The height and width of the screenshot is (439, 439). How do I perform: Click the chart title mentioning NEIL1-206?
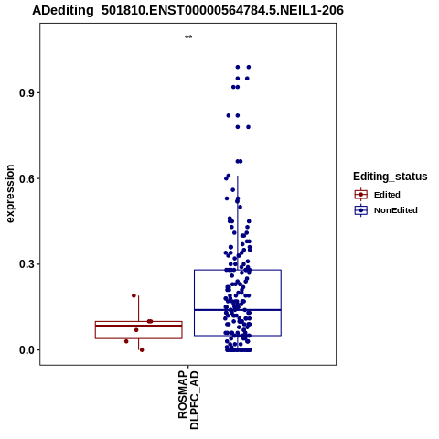pyautogui.click(x=187, y=11)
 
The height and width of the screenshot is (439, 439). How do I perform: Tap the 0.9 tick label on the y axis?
pyautogui.click(x=27, y=93)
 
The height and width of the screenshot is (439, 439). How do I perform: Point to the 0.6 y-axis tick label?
pyautogui.click(x=27, y=178)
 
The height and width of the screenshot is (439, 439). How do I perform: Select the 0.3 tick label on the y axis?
pyautogui.click(x=27, y=264)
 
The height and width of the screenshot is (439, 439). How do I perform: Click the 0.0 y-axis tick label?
pyautogui.click(x=27, y=350)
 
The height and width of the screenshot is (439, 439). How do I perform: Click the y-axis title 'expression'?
pyautogui.click(x=10, y=194)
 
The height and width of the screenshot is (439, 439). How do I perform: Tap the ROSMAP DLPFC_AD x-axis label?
pyautogui.click(x=188, y=400)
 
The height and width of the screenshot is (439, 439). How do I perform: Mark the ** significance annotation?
pyautogui.click(x=188, y=37)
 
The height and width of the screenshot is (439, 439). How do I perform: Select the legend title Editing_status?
pyautogui.click(x=391, y=177)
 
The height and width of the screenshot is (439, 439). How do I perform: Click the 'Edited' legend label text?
pyautogui.click(x=387, y=195)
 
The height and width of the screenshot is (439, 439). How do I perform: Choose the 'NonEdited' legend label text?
pyautogui.click(x=396, y=210)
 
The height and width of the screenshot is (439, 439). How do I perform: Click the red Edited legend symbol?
pyautogui.click(x=361, y=195)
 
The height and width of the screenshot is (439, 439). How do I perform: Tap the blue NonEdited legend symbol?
pyautogui.click(x=361, y=210)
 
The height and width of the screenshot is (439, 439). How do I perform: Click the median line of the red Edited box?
pyautogui.click(x=139, y=326)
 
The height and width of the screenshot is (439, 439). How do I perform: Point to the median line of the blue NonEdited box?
pyautogui.click(x=238, y=310)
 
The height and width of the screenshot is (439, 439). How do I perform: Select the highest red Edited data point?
pyautogui.click(x=134, y=295)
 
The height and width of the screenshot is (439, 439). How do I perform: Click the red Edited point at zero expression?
pyautogui.click(x=142, y=350)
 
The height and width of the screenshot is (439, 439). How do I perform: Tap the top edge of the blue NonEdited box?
pyautogui.click(x=238, y=270)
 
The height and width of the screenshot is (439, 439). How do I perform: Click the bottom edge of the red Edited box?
pyautogui.click(x=139, y=338)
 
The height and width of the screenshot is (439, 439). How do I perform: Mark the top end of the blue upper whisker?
pyautogui.click(x=238, y=176)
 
